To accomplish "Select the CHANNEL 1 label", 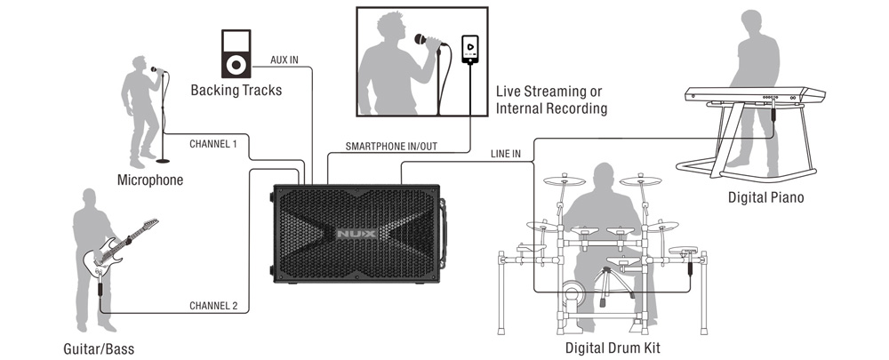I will [213, 143].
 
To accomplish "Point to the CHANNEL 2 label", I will [213, 306].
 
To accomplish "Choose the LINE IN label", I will [505, 154].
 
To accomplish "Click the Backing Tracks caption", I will [236, 91].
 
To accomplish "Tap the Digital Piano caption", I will [765, 197].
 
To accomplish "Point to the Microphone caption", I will [150, 180].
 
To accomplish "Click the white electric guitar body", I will [102, 259].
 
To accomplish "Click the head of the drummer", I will [606, 176].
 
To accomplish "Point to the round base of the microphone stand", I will [163, 161].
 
